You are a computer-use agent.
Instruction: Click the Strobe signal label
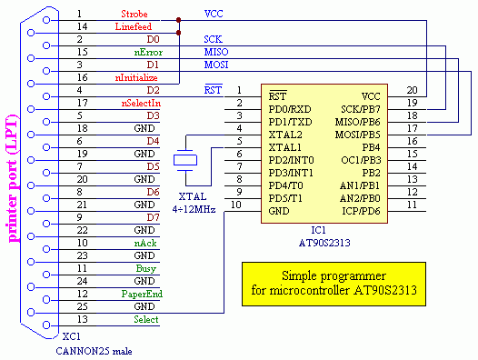(135, 15)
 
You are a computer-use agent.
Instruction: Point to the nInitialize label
(135, 78)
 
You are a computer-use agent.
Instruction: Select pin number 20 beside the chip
(413, 91)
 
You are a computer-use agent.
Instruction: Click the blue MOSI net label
(214, 66)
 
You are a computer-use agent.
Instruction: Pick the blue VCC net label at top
(214, 15)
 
